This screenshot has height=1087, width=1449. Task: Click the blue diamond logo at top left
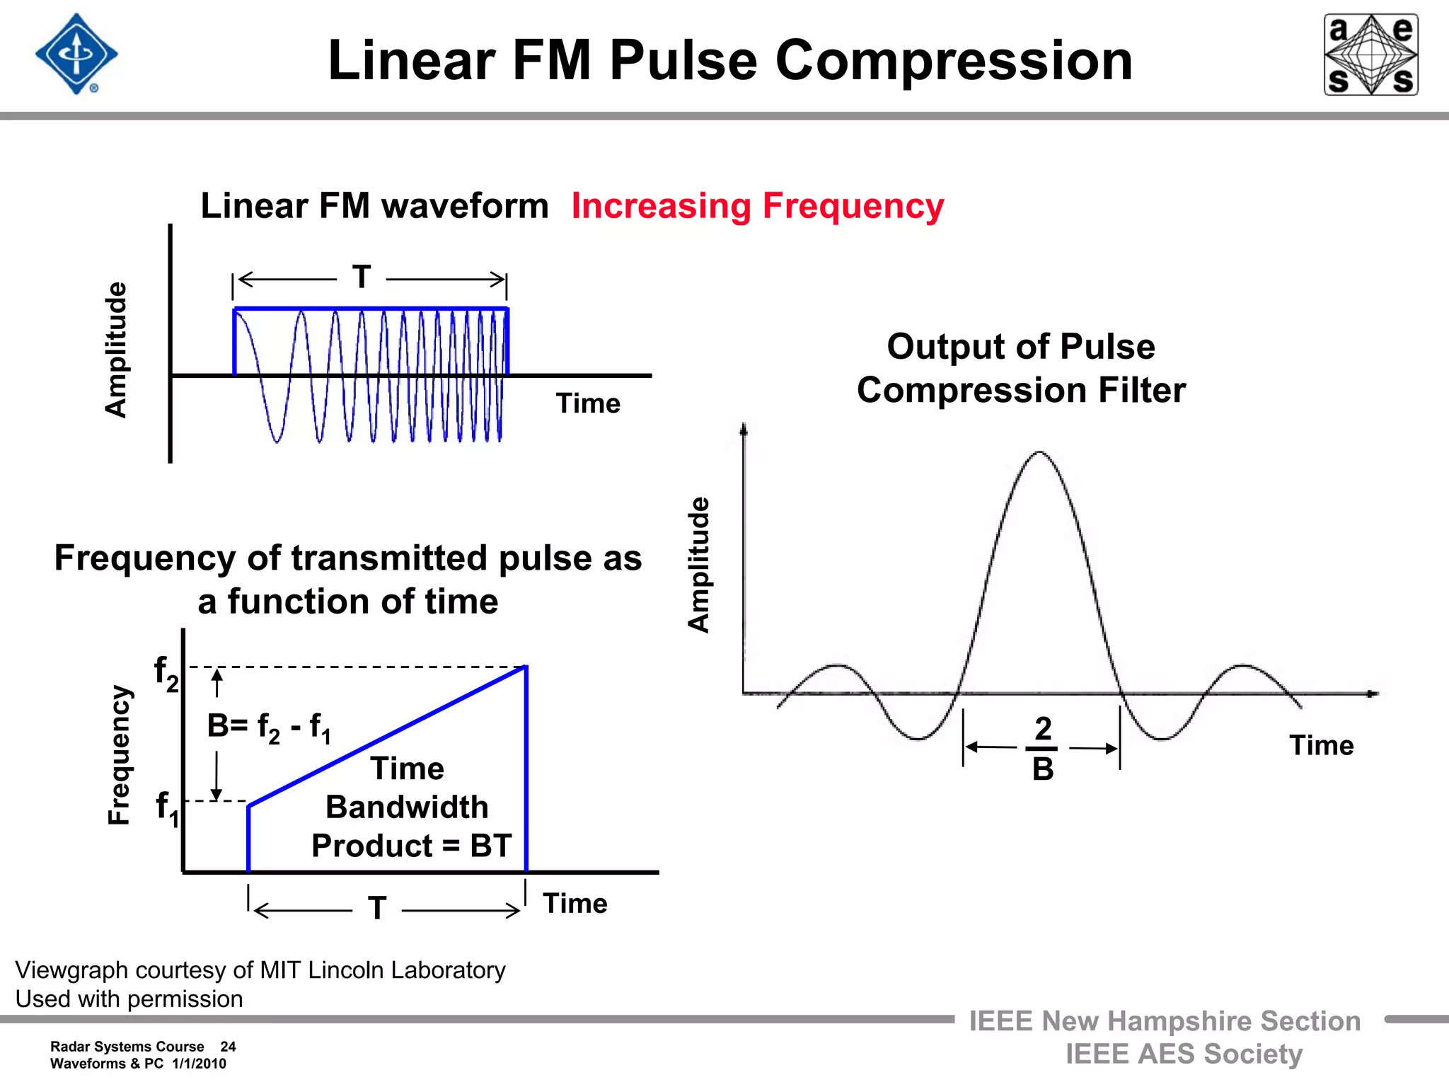click(x=76, y=54)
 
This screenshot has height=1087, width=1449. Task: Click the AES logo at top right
click(x=1370, y=54)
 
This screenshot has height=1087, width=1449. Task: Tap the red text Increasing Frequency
click(x=757, y=206)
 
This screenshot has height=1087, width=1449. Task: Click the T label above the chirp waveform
click(x=362, y=277)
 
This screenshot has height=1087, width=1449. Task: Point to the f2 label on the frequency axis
click(x=166, y=672)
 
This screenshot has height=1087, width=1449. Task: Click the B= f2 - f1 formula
click(x=269, y=727)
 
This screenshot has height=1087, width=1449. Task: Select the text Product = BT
click(x=411, y=846)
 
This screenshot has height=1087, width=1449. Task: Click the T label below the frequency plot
click(x=377, y=908)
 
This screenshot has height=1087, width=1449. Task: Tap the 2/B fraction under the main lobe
click(x=1043, y=748)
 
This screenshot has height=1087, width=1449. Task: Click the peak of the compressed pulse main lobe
click(x=1039, y=452)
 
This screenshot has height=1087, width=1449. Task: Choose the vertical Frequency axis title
click(x=119, y=754)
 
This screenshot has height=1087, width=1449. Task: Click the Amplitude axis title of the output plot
click(x=699, y=564)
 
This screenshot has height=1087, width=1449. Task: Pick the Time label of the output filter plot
click(x=1321, y=746)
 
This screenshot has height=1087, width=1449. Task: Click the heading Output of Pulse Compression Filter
click(x=1021, y=369)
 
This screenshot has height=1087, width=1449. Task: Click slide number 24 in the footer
click(x=228, y=1047)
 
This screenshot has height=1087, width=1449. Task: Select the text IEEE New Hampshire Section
click(x=1165, y=1021)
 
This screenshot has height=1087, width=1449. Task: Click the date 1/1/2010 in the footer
click(x=199, y=1064)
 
